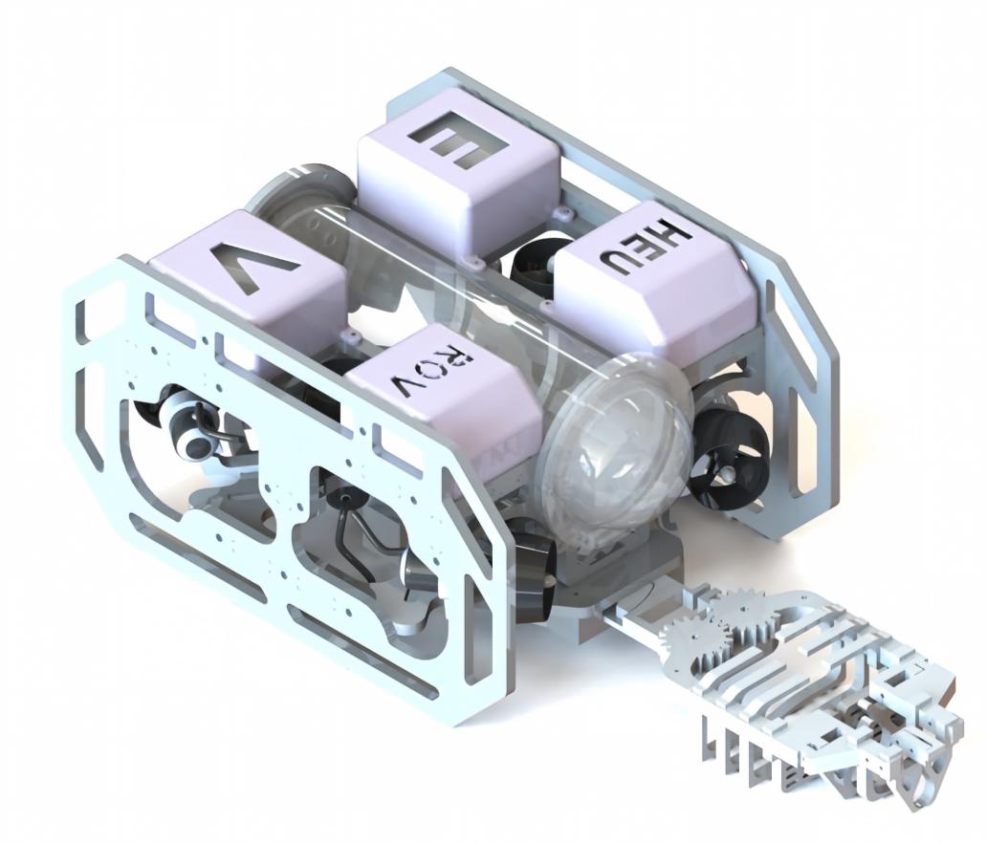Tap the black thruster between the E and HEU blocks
535,261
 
